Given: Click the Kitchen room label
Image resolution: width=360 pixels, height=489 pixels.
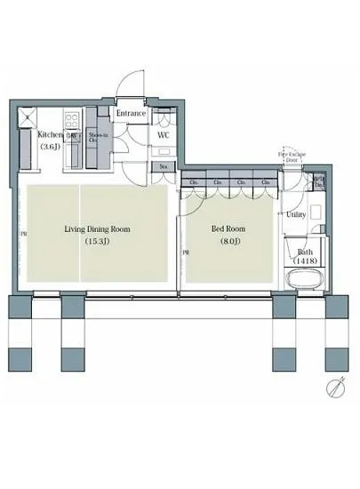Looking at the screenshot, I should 50,135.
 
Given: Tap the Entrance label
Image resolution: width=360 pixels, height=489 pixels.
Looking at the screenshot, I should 132,114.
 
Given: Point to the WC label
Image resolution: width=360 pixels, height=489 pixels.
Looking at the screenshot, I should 164,135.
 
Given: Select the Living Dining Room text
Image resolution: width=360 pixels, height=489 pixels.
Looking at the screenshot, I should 97,228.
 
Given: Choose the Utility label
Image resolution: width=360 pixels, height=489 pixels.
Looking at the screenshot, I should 296,215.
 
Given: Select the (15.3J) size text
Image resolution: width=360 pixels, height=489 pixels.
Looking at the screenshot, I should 97,241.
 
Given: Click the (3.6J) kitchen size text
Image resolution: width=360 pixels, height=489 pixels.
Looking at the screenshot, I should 50,147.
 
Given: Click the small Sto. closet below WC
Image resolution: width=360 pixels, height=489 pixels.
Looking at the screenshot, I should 164,166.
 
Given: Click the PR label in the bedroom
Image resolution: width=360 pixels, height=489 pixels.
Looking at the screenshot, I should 187,253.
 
